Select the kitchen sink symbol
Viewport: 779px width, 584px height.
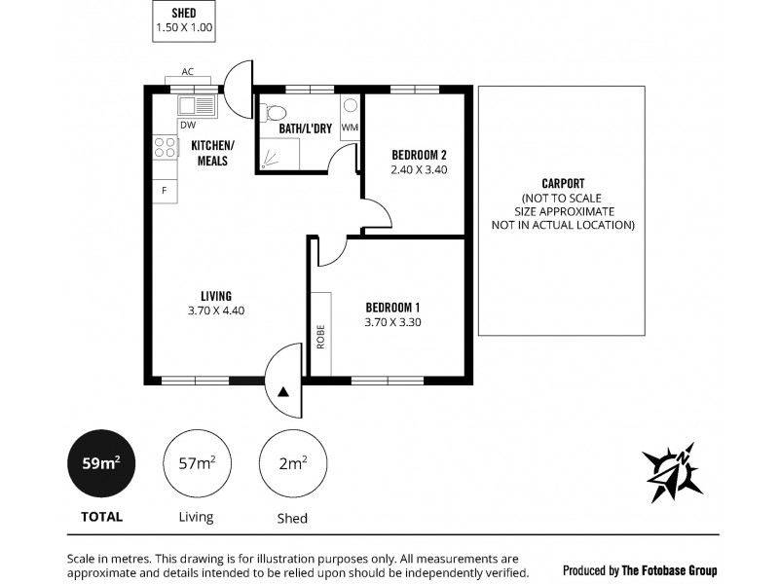coord(197,105)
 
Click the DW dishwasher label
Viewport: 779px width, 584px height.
coord(186,124)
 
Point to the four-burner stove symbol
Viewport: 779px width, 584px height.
coord(166,147)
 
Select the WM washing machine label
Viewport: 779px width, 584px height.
coord(350,128)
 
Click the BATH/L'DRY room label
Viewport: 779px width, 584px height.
coord(306,128)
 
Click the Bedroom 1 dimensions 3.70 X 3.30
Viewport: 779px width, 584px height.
coord(392,322)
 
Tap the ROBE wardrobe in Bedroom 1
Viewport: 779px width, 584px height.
coord(320,333)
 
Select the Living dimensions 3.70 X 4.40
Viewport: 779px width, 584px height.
coord(215,311)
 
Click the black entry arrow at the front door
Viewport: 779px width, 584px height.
coord(283,392)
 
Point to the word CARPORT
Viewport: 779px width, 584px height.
coord(562,183)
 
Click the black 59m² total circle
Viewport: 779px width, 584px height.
coord(99,462)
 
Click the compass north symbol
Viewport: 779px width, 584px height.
coord(672,471)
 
